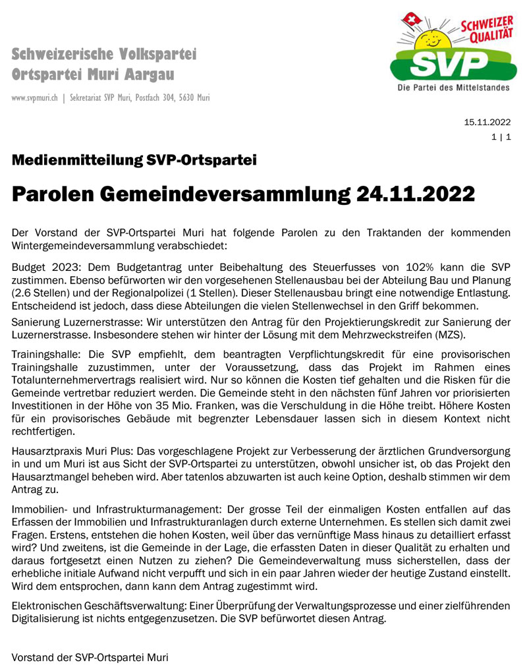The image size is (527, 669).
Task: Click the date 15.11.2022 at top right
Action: [x=487, y=122]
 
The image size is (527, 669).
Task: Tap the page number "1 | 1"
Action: [x=501, y=137]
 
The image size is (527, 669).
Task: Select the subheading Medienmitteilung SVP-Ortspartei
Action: [x=134, y=160]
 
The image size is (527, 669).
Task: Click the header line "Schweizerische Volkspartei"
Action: [x=104, y=54]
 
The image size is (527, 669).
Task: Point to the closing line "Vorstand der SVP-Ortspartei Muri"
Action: [x=90, y=657]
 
